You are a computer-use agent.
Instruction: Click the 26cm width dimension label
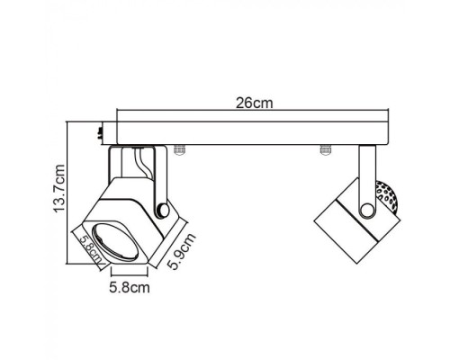tap(255, 103)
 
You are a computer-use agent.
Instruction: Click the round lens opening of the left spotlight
tap(114, 241)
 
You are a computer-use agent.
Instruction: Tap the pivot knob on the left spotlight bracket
tap(163, 211)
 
